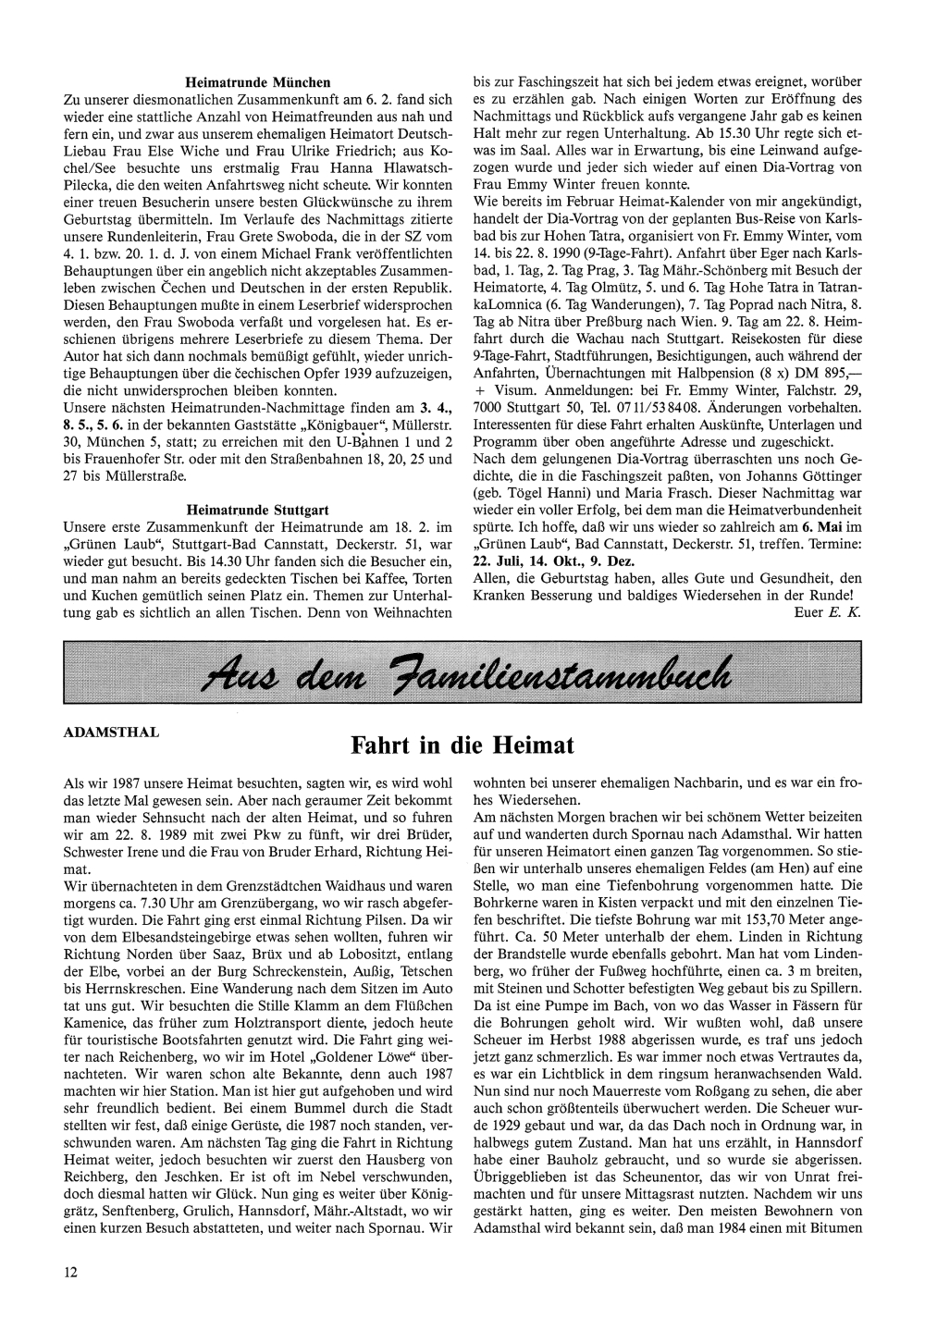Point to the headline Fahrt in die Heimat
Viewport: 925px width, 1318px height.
pos(462,745)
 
